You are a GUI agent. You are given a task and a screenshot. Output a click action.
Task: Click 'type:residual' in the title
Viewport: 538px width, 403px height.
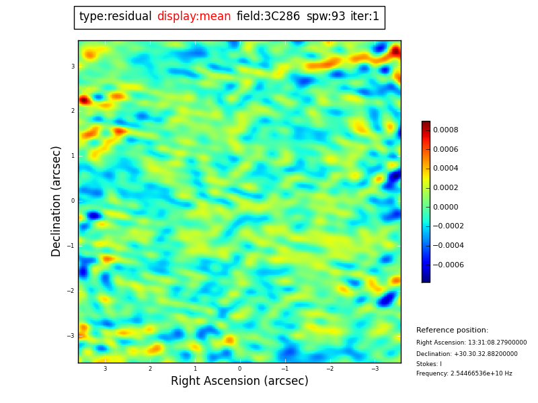click(x=115, y=17)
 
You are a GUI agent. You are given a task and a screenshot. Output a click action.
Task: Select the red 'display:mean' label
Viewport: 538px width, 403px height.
click(x=194, y=17)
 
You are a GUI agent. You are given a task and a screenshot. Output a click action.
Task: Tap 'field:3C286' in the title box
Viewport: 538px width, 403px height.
click(x=268, y=17)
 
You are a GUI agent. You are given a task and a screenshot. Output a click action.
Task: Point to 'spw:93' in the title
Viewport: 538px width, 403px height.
click(x=325, y=17)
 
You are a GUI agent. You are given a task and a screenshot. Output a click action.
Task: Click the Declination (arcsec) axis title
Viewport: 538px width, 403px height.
click(x=56, y=201)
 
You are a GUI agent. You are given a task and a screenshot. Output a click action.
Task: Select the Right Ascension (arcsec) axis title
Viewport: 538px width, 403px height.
click(x=239, y=382)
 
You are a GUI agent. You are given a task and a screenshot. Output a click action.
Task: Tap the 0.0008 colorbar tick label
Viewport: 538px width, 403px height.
click(x=445, y=130)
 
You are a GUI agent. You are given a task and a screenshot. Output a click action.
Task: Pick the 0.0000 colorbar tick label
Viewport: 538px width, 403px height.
click(x=445, y=207)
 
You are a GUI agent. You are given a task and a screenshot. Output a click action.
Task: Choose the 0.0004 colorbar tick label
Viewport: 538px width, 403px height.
click(x=445, y=169)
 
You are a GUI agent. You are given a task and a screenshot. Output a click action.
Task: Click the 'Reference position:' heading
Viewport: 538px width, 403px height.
click(x=452, y=330)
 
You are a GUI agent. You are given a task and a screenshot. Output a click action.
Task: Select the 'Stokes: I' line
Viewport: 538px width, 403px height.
click(x=429, y=364)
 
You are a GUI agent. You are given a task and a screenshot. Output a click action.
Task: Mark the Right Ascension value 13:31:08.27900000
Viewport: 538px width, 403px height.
click(x=497, y=343)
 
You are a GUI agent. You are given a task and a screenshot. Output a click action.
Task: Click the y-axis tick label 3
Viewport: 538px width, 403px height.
click(x=73, y=66)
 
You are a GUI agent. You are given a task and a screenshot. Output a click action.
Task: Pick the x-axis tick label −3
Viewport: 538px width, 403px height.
click(x=375, y=369)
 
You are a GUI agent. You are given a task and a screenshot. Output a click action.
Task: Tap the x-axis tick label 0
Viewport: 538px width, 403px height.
click(x=239, y=369)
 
